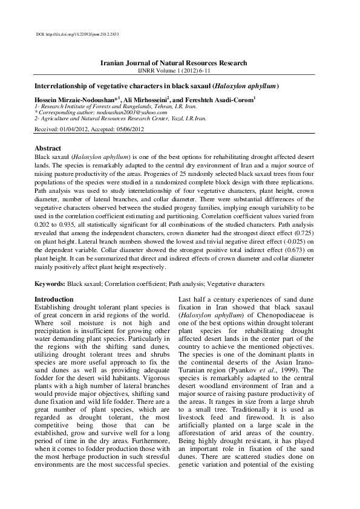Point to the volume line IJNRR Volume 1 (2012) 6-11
coord(180,70)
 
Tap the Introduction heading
coord(54,299)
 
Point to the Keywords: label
coord(50,283)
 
